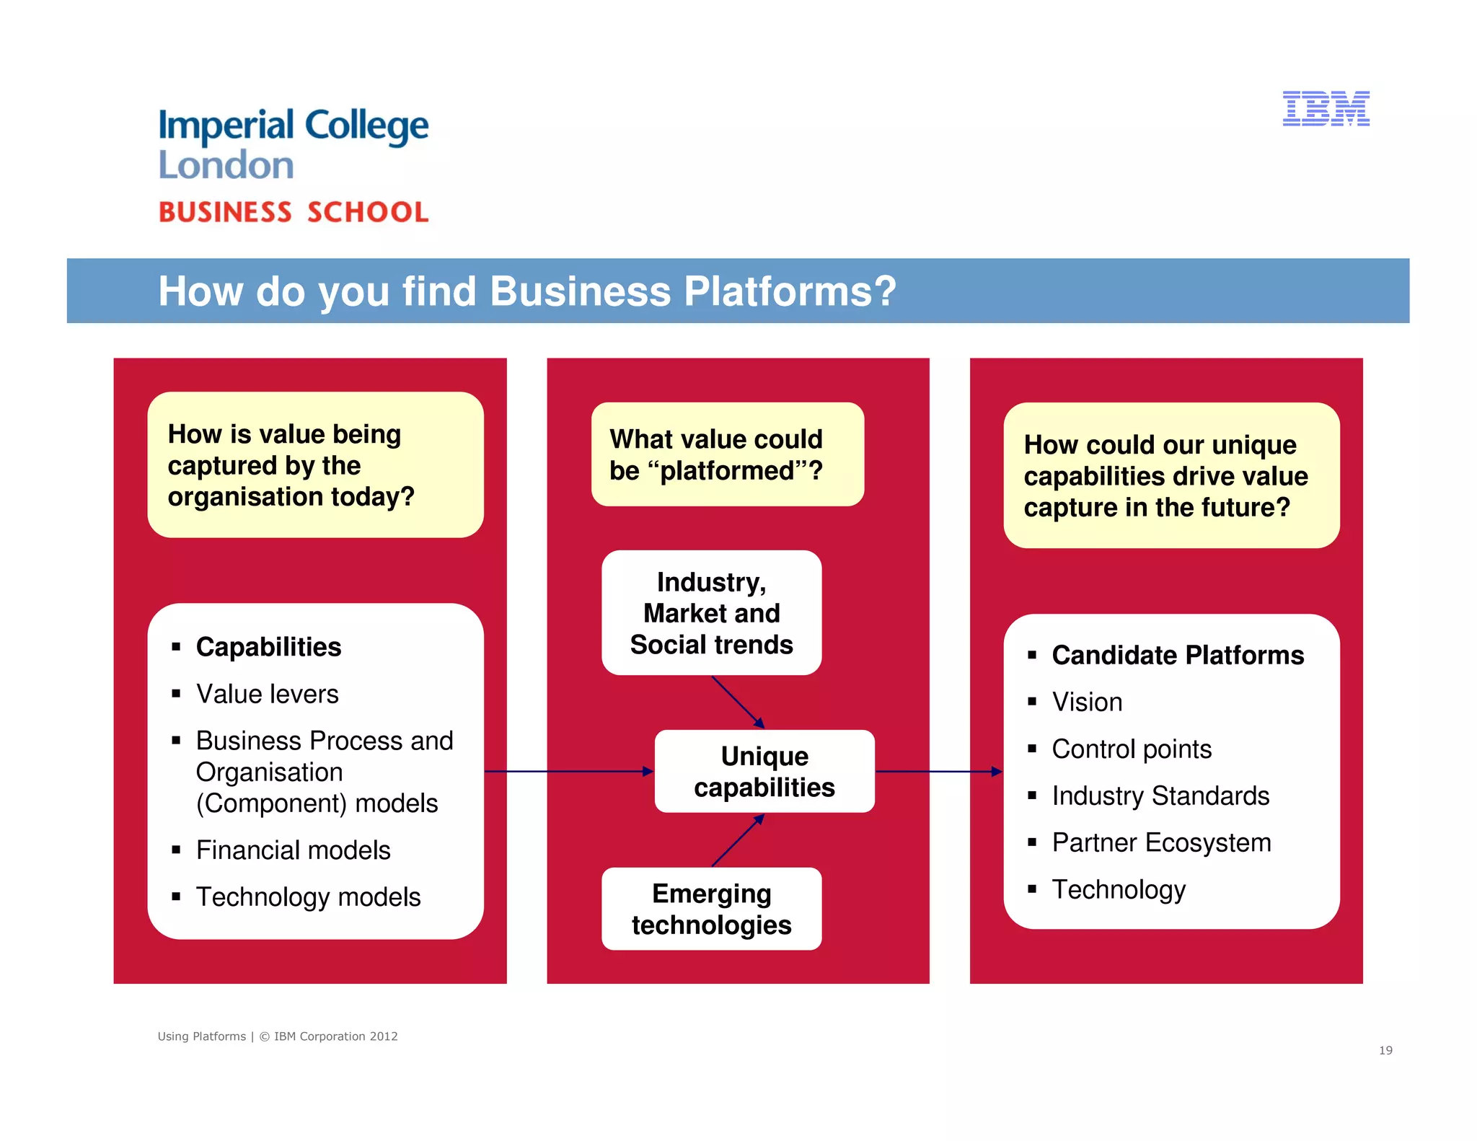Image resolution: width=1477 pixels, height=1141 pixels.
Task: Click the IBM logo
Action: pyautogui.click(x=1326, y=109)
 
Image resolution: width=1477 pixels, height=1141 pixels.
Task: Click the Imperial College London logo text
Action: pyautogui.click(x=293, y=144)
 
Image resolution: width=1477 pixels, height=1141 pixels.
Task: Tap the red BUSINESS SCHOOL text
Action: pyautogui.click(x=293, y=212)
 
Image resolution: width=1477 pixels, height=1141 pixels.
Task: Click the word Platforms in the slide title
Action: pyautogui.click(x=789, y=291)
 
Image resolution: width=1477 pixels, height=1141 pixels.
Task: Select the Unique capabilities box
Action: pyautogui.click(x=764, y=771)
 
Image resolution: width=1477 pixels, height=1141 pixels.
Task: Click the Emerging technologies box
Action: pyautogui.click(x=711, y=909)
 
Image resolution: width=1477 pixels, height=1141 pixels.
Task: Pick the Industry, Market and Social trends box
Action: pyautogui.click(x=711, y=613)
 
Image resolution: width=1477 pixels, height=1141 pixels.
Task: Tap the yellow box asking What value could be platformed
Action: pyautogui.click(x=727, y=454)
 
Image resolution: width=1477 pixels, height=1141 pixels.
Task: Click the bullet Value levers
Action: pyautogui.click(x=267, y=694)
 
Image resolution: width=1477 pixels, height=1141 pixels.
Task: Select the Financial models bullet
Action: pyautogui.click(x=293, y=850)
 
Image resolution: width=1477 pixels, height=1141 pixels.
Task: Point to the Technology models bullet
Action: pyautogui.click(x=308, y=896)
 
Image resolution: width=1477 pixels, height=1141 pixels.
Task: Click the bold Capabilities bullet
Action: pyautogui.click(x=268, y=647)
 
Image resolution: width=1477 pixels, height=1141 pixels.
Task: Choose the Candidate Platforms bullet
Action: pyautogui.click(x=1177, y=655)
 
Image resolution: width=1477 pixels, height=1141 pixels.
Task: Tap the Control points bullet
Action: pyautogui.click(x=1131, y=749)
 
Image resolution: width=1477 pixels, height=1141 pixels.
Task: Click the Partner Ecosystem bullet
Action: pyautogui.click(x=1160, y=842)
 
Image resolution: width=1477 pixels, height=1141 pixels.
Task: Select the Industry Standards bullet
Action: pyautogui.click(x=1160, y=796)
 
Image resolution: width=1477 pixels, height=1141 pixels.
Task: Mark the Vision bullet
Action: pyautogui.click(x=1086, y=702)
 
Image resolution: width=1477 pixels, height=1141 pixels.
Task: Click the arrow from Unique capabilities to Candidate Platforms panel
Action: pyautogui.click(x=938, y=772)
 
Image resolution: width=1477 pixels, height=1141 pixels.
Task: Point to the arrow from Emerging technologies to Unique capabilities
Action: pyautogui.click(x=738, y=840)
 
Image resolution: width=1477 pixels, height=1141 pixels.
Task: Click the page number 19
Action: pyautogui.click(x=1385, y=1050)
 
